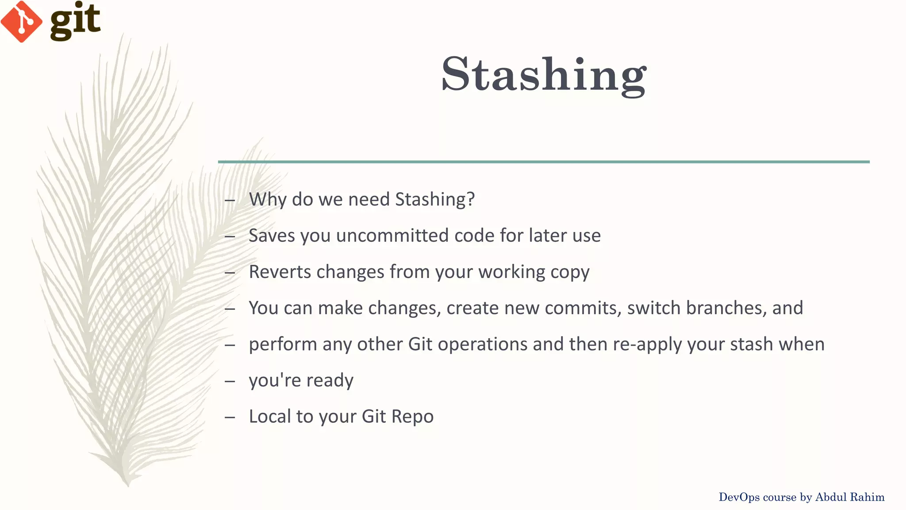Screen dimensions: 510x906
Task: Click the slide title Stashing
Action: (x=544, y=74)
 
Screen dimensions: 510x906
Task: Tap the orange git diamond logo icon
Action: (x=21, y=22)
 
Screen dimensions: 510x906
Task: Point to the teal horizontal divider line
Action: (x=544, y=162)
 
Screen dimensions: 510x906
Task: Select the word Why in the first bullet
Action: (x=268, y=200)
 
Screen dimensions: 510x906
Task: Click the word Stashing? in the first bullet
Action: (x=434, y=200)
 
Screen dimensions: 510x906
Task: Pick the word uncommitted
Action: (x=392, y=236)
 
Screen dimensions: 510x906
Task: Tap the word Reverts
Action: (x=280, y=272)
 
